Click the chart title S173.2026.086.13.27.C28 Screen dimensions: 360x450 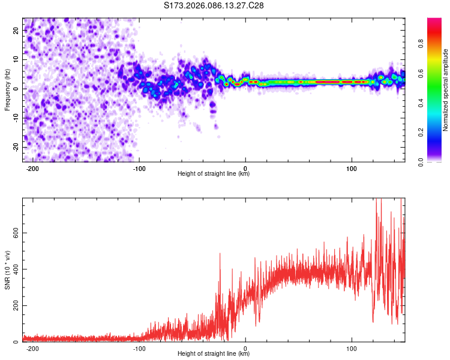coord(214,5)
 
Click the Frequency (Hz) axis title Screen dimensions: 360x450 coord(8,89)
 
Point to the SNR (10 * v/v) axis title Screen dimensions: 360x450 coord(8,269)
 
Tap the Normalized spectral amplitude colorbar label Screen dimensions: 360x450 coord(446,90)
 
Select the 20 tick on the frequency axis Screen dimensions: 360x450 coord(16,30)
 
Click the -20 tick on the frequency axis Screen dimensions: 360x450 coord(15,147)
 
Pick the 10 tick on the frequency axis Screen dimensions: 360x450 coord(16,59)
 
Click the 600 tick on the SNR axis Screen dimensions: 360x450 coord(14,233)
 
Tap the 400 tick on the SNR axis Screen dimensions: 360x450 coord(14,269)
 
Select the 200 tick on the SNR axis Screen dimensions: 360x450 coord(14,306)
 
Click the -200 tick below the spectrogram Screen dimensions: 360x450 coord(33,168)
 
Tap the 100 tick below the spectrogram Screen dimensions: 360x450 coord(352,168)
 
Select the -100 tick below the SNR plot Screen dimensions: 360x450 coord(139,348)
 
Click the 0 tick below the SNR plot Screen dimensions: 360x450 coord(246,348)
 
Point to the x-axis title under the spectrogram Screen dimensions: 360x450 coord(214,174)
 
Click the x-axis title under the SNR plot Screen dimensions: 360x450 coord(214,354)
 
